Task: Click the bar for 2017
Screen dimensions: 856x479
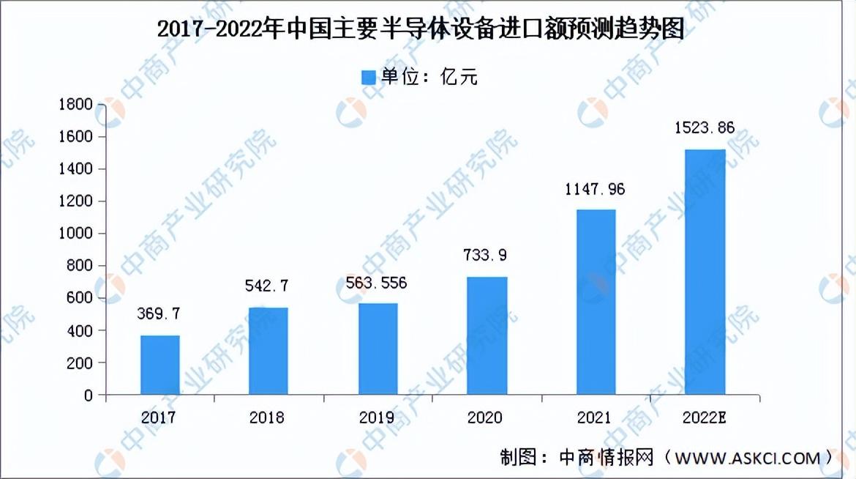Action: click(160, 365)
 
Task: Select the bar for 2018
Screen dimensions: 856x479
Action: click(268, 351)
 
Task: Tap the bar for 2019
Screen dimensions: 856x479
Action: click(378, 349)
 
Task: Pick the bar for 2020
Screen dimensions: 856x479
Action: click(487, 335)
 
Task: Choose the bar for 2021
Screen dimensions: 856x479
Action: click(596, 302)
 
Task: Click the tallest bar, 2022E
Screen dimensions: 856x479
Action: click(705, 272)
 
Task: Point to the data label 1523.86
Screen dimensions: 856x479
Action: click(705, 128)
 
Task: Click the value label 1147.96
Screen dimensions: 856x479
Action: click(595, 189)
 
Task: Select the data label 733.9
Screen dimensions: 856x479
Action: click(485, 255)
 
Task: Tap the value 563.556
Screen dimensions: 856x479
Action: click(376, 283)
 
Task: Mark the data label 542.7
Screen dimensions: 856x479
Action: click(266, 286)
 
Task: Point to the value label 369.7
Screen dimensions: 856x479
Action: click(158, 313)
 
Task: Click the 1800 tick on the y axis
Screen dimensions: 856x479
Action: click(76, 104)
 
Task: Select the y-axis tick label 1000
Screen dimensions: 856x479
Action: click(76, 233)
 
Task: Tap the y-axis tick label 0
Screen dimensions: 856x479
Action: click(89, 395)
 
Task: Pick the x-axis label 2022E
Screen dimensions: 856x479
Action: click(705, 417)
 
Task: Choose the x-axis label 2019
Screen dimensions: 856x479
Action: click(377, 417)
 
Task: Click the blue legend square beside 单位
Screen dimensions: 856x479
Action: click(369, 77)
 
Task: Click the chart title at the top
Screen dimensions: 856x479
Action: click(421, 29)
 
